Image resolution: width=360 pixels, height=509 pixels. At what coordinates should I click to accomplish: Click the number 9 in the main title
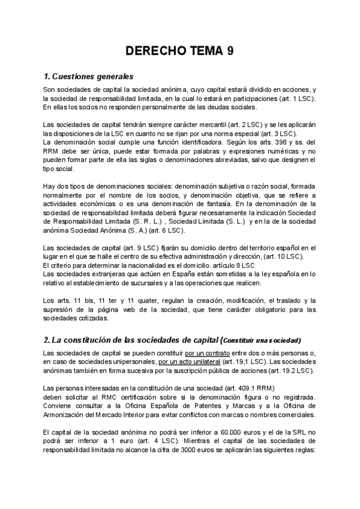(x=230, y=52)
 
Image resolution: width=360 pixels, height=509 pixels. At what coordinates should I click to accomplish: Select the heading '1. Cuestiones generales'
(x=88, y=77)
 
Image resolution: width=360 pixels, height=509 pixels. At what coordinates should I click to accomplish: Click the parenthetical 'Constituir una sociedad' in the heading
(x=263, y=340)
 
